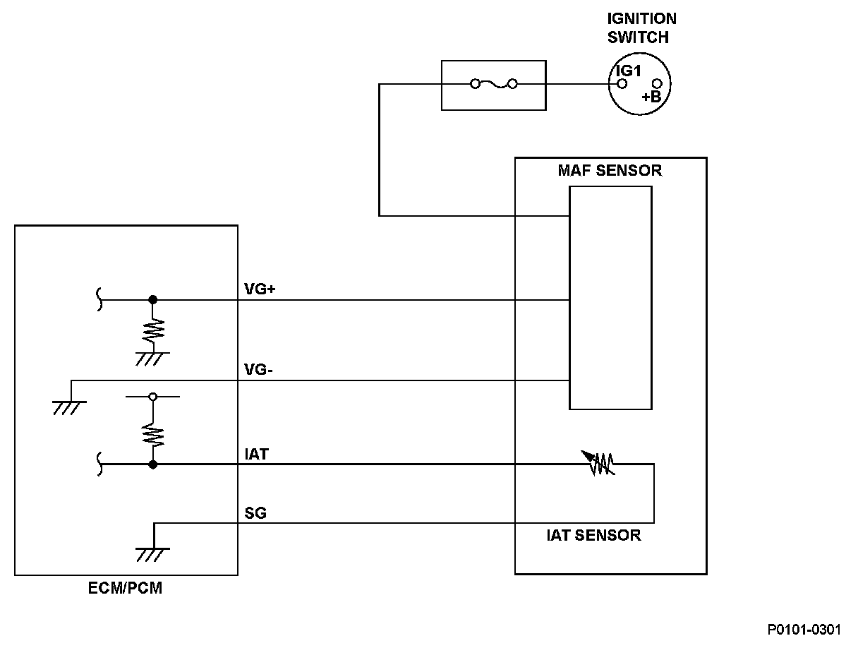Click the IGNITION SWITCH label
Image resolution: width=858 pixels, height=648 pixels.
coord(641,28)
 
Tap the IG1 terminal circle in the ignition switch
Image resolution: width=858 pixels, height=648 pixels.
coord(622,84)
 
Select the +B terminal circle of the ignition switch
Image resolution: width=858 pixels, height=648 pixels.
coord(657,84)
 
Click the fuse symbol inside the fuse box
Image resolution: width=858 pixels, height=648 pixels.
coord(494,84)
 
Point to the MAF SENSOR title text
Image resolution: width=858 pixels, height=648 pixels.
coord(610,171)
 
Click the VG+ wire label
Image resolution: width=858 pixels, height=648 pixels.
coord(260,289)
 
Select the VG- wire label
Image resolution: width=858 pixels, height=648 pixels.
coord(258,369)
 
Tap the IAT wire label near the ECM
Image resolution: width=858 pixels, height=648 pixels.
coord(256,454)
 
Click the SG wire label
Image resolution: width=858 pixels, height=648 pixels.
coord(255,512)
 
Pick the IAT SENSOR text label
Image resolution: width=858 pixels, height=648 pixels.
coord(594,535)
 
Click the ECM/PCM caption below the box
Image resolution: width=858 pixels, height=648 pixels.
coord(125,588)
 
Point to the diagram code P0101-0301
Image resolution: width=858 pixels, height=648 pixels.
coord(804,630)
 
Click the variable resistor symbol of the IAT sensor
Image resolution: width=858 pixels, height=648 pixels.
coord(598,464)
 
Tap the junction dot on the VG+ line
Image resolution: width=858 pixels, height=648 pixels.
coord(153,300)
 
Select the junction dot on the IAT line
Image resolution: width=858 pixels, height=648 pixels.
coord(153,464)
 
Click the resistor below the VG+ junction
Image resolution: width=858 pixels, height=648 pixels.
coord(153,330)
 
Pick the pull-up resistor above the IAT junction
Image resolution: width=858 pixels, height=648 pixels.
coord(153,435)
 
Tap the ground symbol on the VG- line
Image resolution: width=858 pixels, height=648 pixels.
coord(70,408)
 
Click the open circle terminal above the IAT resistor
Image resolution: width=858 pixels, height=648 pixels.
coord(153,397)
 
